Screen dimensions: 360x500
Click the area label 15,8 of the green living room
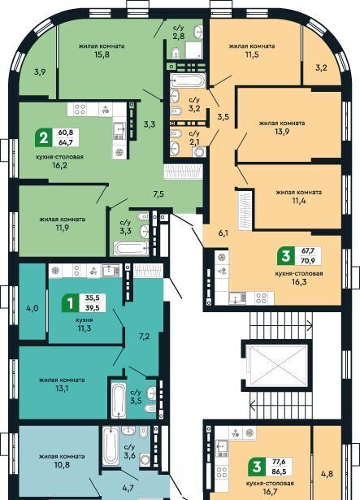(x=102, y=54)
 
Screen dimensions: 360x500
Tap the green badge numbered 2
(x=44, y=137)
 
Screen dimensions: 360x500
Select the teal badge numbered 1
(x=70, y=302)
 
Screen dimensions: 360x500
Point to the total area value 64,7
(x=66, y=142)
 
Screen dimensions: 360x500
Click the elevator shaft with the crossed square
(x=277, y=366)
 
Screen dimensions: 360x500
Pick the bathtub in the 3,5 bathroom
(x=119, y=399)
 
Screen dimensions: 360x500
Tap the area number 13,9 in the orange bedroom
(x=282, y=131)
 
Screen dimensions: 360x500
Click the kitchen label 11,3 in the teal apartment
(x=85, y=328)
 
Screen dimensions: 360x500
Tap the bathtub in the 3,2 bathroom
(x=188, y=80)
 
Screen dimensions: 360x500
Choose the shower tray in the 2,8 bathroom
(x=193, y=50)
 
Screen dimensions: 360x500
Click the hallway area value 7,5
(x=158, y=193)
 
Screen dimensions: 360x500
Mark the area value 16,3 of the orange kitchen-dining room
(x=299, y=282)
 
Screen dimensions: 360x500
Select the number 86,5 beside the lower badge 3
(x=279, y=472)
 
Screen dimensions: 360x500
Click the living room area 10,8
(x=62, y=465)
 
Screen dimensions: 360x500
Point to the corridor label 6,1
(x=223, y=233)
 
